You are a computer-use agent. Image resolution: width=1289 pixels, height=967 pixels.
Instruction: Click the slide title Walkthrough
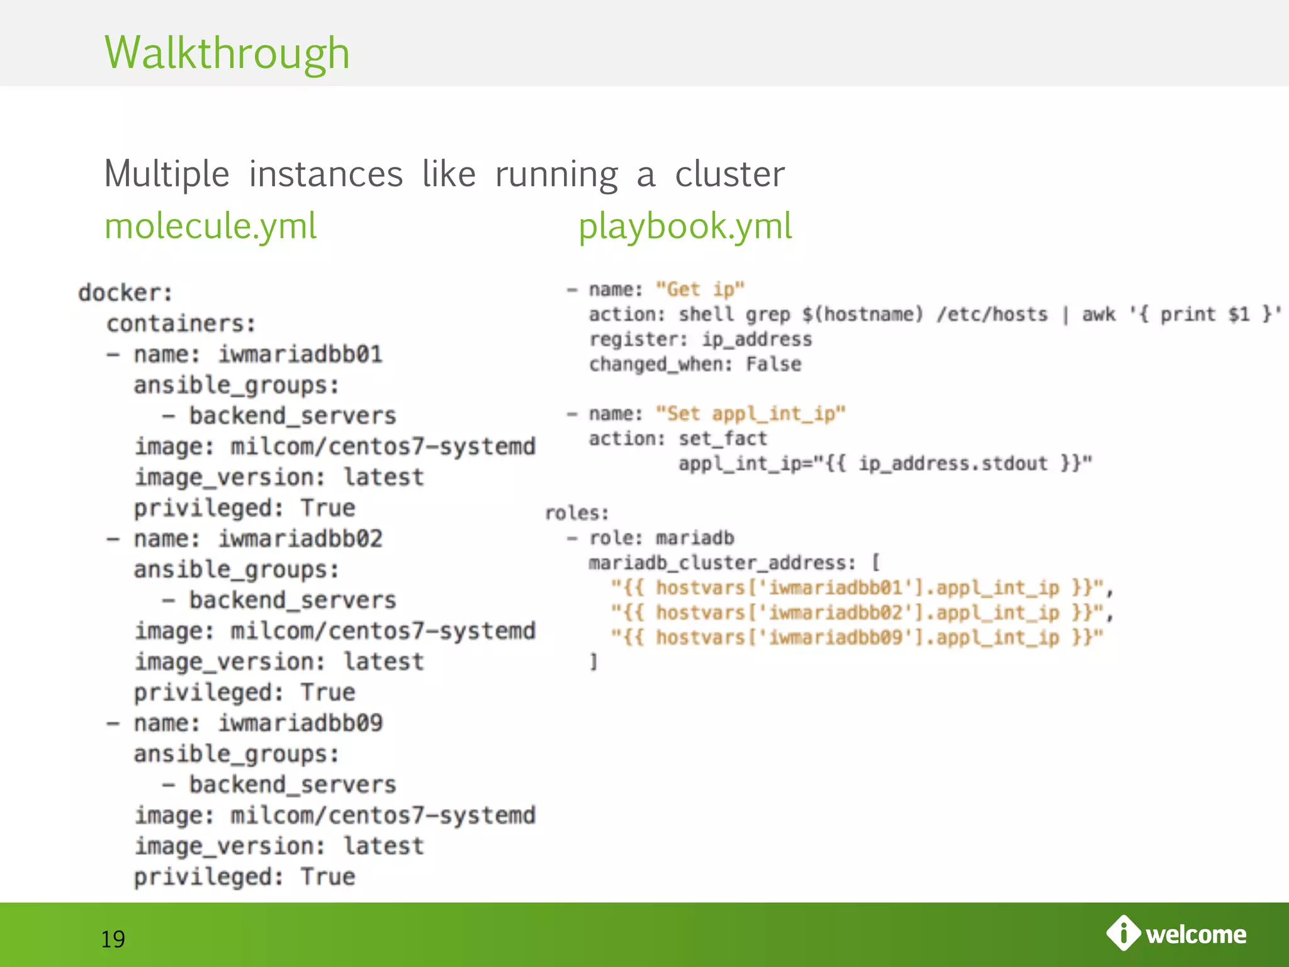click(227, 53)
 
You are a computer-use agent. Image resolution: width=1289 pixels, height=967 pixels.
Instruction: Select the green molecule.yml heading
click(210, 226)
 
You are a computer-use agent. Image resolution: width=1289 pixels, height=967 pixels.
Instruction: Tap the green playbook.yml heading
click(685, 226)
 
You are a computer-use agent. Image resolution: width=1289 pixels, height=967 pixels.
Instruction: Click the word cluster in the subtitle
click(729, 174)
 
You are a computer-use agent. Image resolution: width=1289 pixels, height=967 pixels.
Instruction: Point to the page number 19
click(113, 939)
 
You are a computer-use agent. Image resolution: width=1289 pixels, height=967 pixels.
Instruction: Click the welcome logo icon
click(1123, 933)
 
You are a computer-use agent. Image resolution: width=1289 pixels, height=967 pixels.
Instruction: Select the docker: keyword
click(125, 293)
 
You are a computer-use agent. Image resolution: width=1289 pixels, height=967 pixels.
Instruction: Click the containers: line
click(181, 324)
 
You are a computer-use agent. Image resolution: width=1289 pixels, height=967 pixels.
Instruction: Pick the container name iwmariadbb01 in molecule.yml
click(300, 354)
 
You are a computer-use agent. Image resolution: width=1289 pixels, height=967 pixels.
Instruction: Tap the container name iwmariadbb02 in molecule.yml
click(300, 539)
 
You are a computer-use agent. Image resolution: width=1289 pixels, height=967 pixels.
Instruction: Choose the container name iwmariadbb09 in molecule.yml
click(300, 723)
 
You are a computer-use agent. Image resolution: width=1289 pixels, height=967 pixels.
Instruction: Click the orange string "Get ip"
click(700, 290)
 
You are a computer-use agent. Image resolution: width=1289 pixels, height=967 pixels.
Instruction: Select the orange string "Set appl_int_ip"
click(750, 414)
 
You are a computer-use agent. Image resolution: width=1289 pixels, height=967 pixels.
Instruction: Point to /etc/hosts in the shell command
click(992, 314)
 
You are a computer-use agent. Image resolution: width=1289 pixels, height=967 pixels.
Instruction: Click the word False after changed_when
click(774, 364)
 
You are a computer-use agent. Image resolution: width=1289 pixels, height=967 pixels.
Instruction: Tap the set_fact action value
click(723, 438)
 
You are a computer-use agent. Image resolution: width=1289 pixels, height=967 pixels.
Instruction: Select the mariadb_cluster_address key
click(721, 563)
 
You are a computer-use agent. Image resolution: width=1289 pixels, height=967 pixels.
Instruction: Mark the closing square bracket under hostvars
click(593, 662)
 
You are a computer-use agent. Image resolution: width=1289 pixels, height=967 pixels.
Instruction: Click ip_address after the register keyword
click(757, 339)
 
